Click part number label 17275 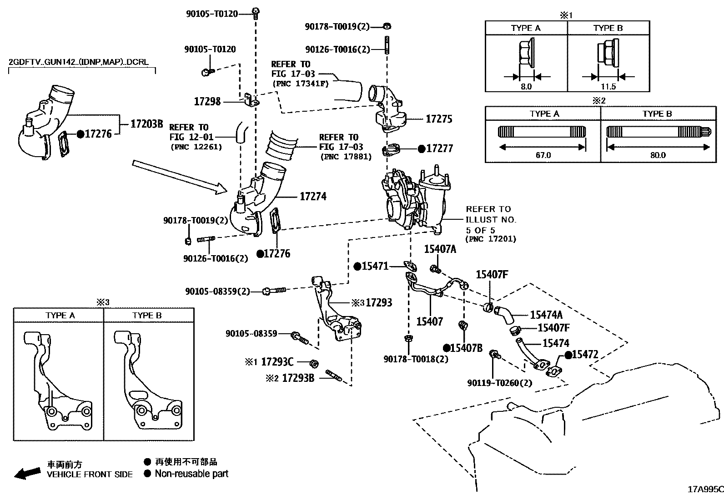tap(439, 119)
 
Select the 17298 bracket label tap(207, 101)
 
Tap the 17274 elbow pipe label tap(313, 197)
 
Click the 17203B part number tap(146, 124)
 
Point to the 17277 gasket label tap(439, 148)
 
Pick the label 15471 tap(375, 267)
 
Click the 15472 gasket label tap(585, 355)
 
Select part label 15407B tap(466, 348)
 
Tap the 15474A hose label tap(546, 315)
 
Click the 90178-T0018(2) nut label tap(416, 359)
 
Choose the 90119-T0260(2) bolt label tap(499, 383)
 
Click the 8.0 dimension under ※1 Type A tap(526, 86)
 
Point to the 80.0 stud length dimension tap(658, 155)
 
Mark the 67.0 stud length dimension tap(543, 155)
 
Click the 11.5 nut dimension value tap(608, 86)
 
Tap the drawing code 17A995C tap(705, 489)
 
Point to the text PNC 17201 tap(491, 239)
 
